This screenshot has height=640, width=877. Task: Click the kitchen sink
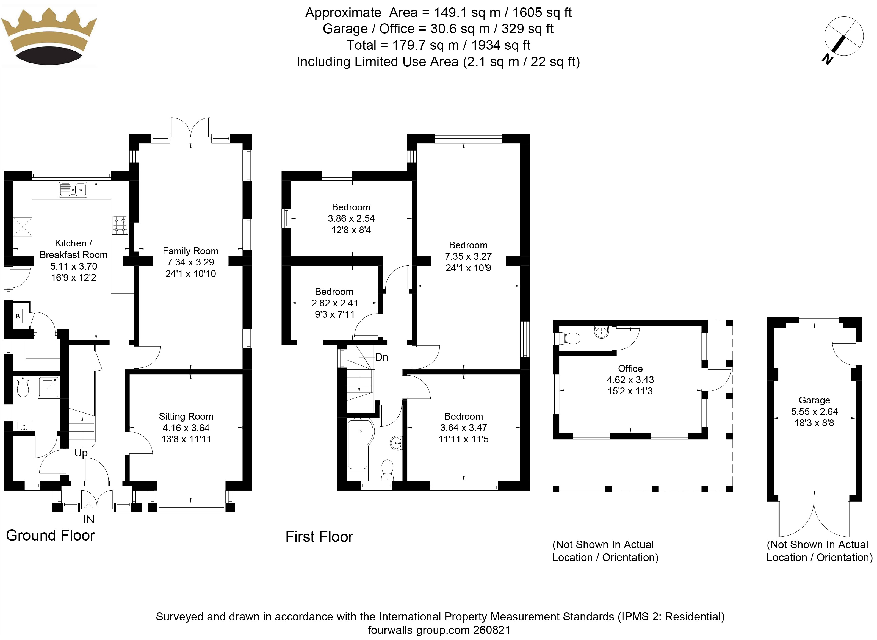pyautogui.click(x=73, y=190)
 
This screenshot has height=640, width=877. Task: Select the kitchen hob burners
pyautogui.click(x=120, y=225)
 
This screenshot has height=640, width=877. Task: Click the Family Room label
pyautogui.click(x=190, y=251)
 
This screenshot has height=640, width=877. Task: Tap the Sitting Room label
pyautogui.click(x=186, y=417)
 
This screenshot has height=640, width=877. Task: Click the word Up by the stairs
pyautogui.click(x=81, y=453)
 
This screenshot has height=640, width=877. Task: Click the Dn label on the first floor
pyautogui.click(x=381, y=357)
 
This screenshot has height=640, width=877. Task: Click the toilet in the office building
pyautogui.click(x=570, y=339)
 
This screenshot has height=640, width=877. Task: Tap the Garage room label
pyautogui.click(x=814, y=400)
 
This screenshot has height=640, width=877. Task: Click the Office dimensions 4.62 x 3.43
pyautogui.click(x=630, y=380)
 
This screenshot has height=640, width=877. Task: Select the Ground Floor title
pyautogui.click(x=50, y=535)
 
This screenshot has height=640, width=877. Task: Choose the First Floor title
pyautogui.click(x=319, y=537)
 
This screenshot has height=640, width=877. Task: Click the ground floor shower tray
pyautogui.click(x=48, y=387)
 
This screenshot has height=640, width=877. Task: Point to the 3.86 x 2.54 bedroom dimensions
pyautogui.click(x=351, y=218)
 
